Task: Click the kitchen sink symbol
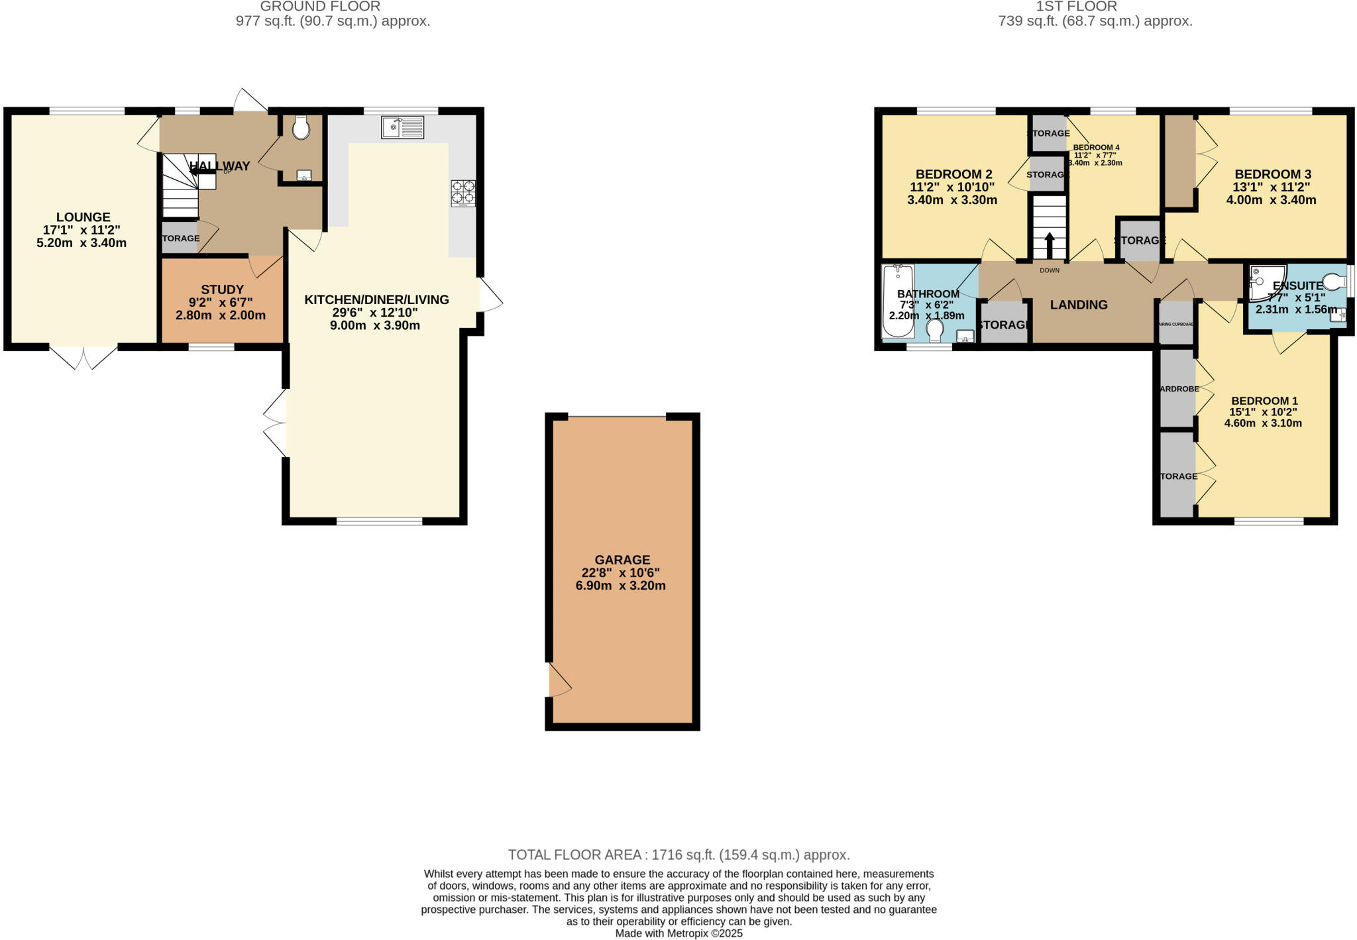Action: [x=402, y=127]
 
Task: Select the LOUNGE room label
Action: [x=83, y=217]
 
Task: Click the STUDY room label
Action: [x=223, y=289]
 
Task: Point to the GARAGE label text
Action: [x=622, y=560]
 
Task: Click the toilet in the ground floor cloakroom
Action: [x=301, y=128]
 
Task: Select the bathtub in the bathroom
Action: [x=898, y=301]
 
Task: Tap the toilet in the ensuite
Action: [x=1333, y=282]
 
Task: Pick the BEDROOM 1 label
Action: [x=1264, y=401]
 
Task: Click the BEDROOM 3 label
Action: [x=1273, y=174]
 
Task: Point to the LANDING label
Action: [x=1079, y=305]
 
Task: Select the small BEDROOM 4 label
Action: [x=1096, y=147]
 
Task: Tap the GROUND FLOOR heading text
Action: [x=320, y=7]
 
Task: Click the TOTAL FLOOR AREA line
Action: [x=678, y=855]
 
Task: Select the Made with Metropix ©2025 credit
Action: [x=678, y=933]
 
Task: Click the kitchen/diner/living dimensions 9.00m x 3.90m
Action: [x=375, y=325]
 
